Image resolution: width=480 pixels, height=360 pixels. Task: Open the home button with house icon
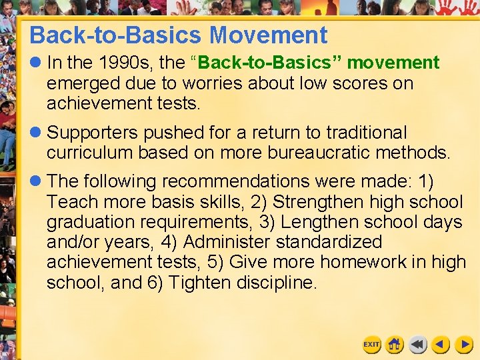[x=395, y=344]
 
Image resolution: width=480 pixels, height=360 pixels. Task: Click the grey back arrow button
[x=418, y=344]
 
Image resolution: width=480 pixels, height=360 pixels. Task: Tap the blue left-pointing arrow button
[x=441, y=344]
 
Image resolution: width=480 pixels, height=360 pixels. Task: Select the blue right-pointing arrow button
[x=464, y=344]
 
